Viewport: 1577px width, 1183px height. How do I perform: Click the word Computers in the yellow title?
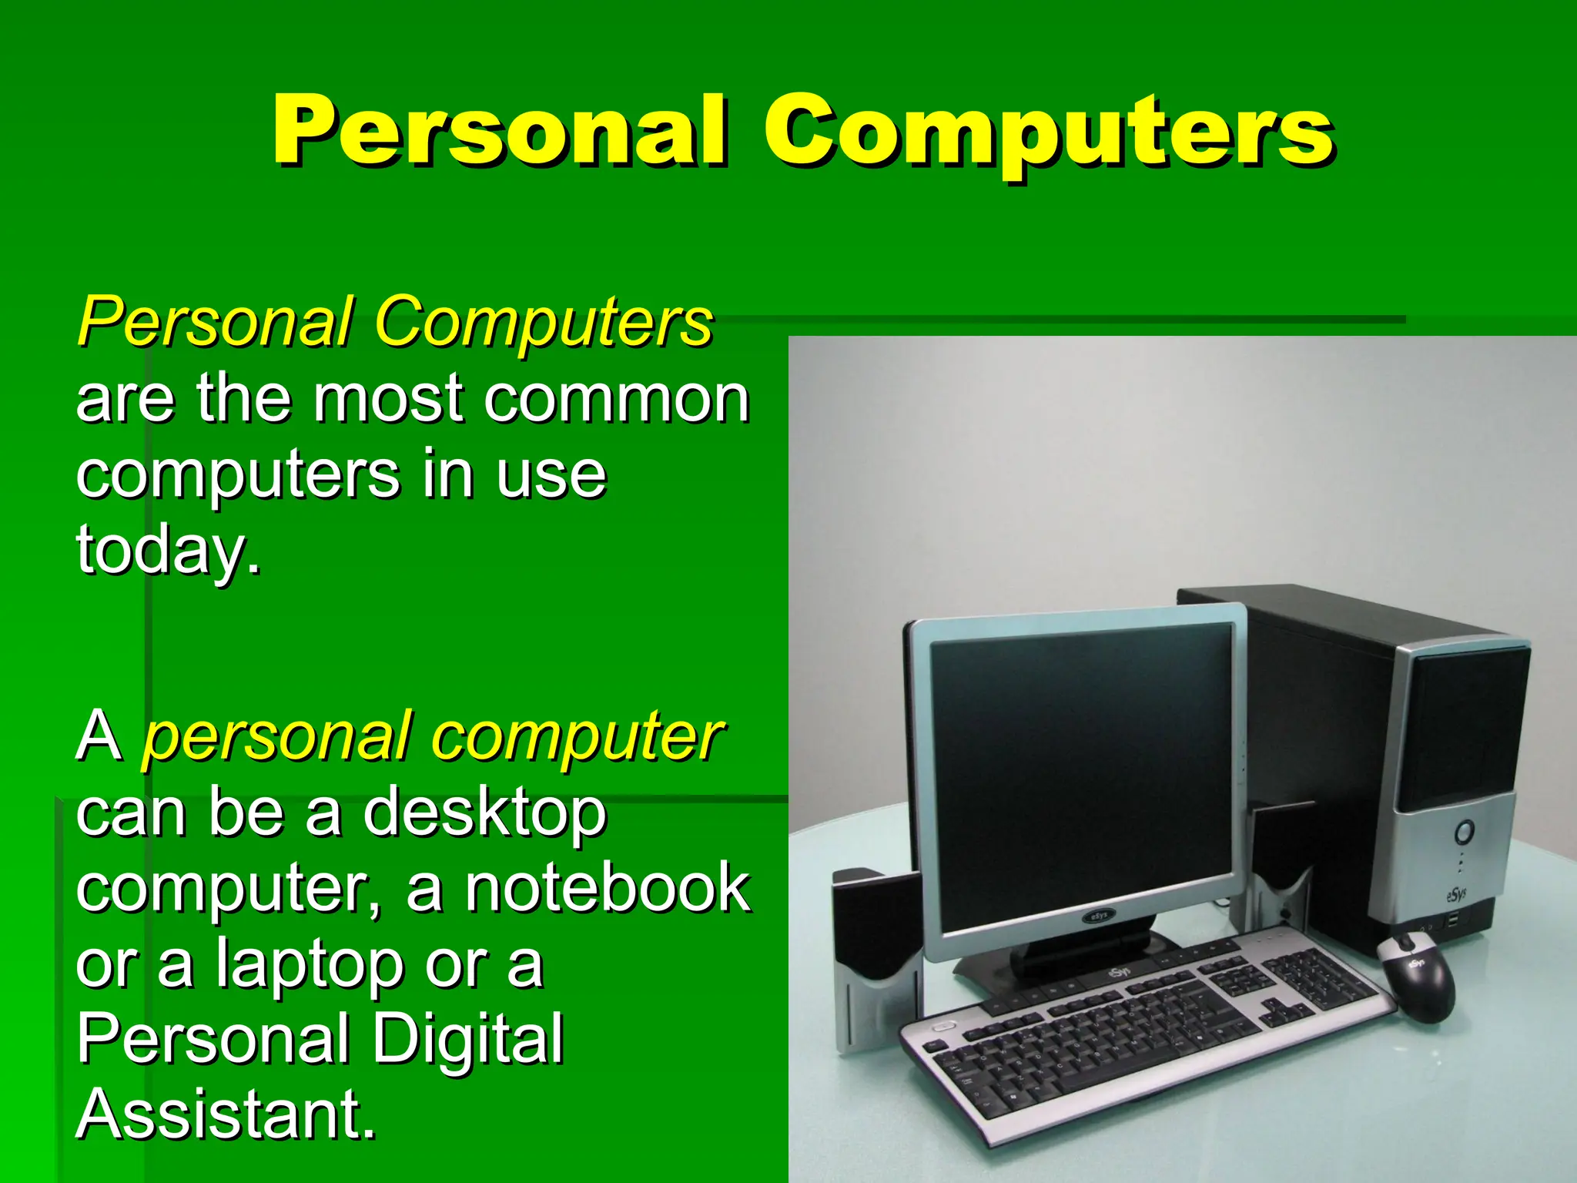point(1049,132)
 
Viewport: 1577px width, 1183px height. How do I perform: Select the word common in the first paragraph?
point(617,400)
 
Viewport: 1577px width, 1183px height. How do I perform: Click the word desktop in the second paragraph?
point(484,813)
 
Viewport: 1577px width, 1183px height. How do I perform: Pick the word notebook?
point(608,888)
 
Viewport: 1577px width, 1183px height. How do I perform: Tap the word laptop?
point(309,965)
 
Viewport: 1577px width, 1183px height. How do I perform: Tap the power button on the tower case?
point(1464,832)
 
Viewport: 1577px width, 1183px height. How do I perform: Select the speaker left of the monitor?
point(870,955)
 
